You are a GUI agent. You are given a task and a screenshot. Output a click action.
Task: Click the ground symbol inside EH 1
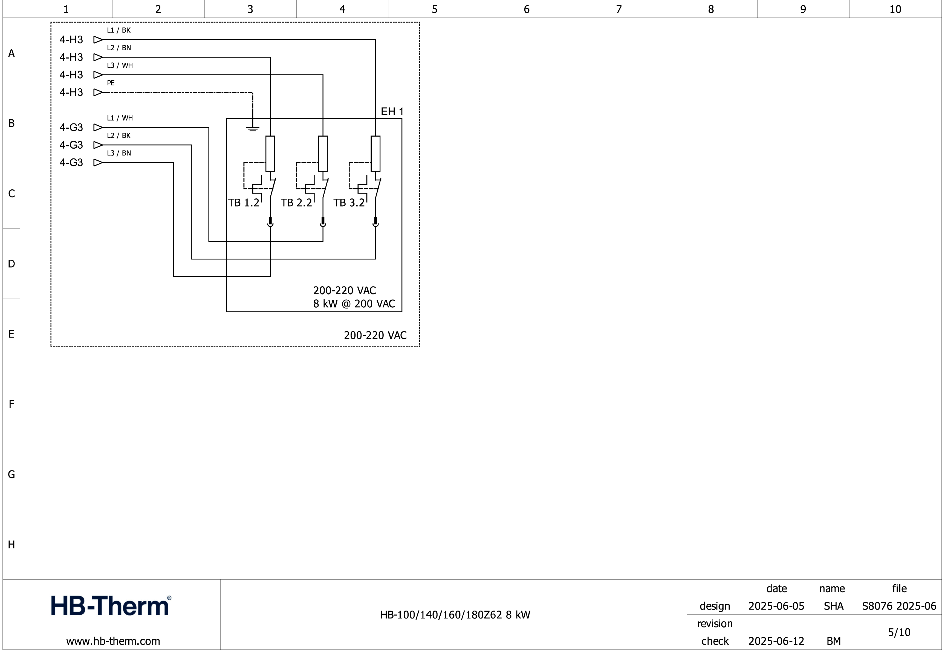click(x=253, y=129)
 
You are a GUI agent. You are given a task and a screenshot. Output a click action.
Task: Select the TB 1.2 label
click(x=244, y=203)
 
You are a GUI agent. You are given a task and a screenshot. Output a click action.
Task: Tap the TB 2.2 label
click(x=296, y=203)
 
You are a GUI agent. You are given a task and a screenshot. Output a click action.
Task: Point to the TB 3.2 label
click(x=349, y=203)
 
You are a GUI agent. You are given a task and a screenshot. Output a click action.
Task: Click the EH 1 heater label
click(x=392, y=112)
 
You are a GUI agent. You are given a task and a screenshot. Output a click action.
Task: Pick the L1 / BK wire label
click(x=119, y=30)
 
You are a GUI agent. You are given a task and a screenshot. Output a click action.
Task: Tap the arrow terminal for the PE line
click(x=98, y=93)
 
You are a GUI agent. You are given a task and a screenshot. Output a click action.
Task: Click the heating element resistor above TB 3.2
click(x=375, y=154)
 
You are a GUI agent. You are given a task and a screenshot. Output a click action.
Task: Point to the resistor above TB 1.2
click(x=270, y=154)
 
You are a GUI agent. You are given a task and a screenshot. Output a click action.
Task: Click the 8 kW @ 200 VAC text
click(x=354, y=304)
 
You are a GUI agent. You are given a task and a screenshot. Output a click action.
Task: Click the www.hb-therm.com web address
click(x=113, y=641)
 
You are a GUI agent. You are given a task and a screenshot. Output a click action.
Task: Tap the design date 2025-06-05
click(x=776, y=606)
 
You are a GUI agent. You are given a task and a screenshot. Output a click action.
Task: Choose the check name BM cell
click(x=833, y=641)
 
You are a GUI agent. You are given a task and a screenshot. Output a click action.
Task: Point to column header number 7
click(x=619, y=9)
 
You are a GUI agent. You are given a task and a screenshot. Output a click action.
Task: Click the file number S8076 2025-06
click(x=899, y=606)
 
